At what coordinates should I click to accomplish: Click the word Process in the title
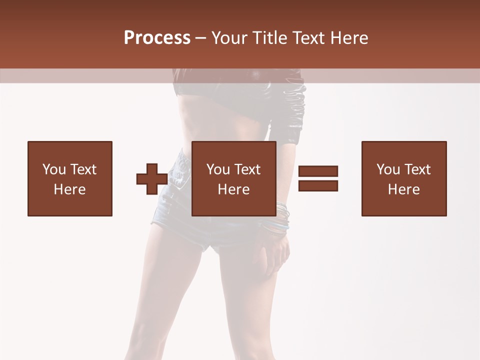pyautogui.click(x=157, y=37)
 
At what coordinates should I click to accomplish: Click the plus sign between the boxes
pyautogui.click(x=152, y=178)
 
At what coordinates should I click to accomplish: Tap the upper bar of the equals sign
pyautogui.click(x=318, y=171)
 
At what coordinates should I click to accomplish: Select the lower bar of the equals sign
pyautogui.click(x=318, y=185)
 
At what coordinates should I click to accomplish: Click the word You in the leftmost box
pyautogui.click(x=54, y=169)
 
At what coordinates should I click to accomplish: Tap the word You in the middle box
pyautogui.click(x=218, y=169)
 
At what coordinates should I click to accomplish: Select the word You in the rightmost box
pyautogui.click(x=388, y=169)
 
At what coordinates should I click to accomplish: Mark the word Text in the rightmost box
pyautogui.click(x=417, y=169)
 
